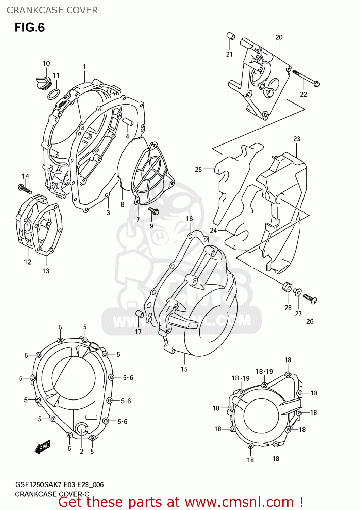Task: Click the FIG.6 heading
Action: pos(30,28)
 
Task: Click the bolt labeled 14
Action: pos(24,189)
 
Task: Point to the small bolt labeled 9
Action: pos(153,211)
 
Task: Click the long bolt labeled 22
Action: pos(306,78)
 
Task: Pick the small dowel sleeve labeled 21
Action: pos(231,36)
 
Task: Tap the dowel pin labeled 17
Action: pos(140,314)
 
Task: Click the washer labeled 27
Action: pos(297,292)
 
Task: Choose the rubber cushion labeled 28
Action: pos(287,287)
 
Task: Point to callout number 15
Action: pos(184,369)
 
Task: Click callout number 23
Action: pos(297,139)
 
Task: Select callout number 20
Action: pos(279,37)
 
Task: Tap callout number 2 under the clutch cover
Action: pos(81,452)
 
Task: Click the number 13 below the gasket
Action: pos(46,271)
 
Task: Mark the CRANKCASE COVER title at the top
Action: pos(52,10)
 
